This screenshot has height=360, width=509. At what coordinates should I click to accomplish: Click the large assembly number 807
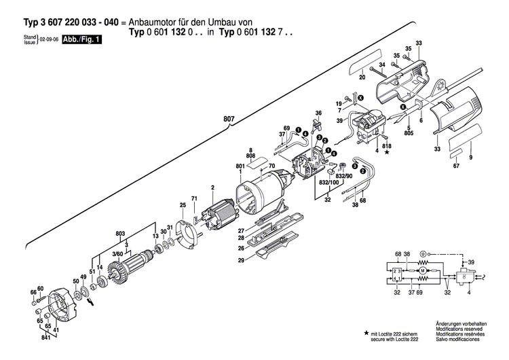coord(229,120)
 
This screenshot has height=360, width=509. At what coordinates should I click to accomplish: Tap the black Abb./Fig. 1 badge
coord(81,41)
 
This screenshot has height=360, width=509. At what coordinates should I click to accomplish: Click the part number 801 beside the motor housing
coord(240,166)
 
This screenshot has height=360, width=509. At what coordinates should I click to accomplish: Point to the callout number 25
coord(183,205)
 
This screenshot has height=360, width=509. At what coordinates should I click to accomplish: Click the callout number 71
coord(194,198)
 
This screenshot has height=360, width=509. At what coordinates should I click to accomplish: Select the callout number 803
coord(121,234)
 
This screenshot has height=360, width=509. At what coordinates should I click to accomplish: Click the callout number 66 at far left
coord(33,292)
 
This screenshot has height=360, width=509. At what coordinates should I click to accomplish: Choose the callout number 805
coord(409,134)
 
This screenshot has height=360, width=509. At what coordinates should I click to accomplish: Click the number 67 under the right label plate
coord(456,166)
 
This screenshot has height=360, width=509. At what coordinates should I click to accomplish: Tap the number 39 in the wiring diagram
coord(472,262)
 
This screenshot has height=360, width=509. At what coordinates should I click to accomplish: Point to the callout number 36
coord(318,113)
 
